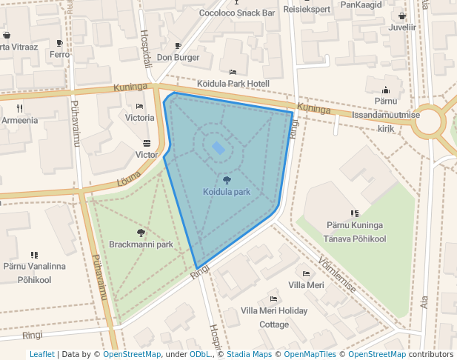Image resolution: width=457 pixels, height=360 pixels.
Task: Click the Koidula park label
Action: tap(227, 192)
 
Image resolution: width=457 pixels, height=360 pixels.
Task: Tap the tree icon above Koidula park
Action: tap(227, 180)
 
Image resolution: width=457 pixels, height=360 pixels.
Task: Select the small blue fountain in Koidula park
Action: tap(219, 148)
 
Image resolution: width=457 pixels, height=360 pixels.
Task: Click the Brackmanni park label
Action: tap(141, 244)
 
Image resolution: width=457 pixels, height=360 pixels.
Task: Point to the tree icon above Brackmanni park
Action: tap(141, 233)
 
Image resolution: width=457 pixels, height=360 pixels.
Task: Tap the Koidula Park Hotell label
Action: tap(233, 84)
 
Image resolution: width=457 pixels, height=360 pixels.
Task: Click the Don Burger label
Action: tap(178, 57)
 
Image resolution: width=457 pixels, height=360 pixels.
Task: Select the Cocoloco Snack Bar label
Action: tap(237, 13)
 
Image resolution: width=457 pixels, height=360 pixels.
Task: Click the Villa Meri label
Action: tap(306, 285)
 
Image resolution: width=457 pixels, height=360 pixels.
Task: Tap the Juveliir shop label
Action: tap(402, 27)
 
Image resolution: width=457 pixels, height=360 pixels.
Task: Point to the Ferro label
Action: tap(59, 55)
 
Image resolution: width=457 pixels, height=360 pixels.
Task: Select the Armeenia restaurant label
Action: tap(20, 120)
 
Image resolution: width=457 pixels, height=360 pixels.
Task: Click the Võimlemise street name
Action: tap(336, 275)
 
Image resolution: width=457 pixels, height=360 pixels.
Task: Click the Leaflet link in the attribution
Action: tap(42, 355)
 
